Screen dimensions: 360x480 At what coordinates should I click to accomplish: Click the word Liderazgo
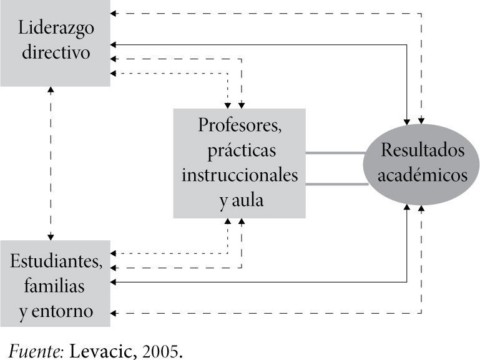[56, 28]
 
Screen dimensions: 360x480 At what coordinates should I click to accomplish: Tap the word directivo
[56, 51]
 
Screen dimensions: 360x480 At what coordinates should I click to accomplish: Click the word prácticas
[240, 150]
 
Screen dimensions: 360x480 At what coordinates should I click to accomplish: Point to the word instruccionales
[240, 175]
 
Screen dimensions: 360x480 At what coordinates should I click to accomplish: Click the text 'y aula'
[240, 201]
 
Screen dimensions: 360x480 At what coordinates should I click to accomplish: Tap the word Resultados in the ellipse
[423, 150]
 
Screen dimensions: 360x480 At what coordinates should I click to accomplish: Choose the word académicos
[423, 175]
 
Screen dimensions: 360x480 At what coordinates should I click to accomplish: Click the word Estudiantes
[56, 261]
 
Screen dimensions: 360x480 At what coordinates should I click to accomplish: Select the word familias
[54, 286]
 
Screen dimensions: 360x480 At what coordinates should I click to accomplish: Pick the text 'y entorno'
[56, 311]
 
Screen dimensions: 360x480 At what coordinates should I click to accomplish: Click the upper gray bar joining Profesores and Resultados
[335, 152]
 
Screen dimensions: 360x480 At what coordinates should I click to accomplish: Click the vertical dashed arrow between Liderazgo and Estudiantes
[51, 162]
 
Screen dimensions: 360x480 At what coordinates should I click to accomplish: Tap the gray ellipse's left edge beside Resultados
[365, 165]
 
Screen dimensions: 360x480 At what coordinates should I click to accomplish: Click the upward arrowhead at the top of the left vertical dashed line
[51, 89]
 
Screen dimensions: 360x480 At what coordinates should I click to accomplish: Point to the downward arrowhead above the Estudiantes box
[51, 236]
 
